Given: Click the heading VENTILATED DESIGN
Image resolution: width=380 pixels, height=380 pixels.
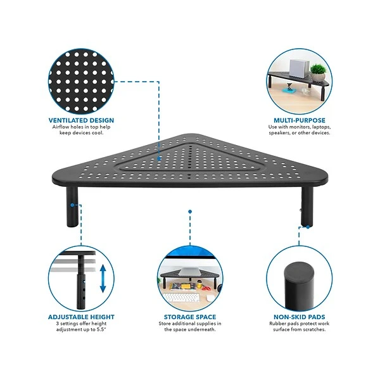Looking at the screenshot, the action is (81, 120).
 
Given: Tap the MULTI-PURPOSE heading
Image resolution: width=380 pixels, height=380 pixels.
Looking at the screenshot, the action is (300, 120).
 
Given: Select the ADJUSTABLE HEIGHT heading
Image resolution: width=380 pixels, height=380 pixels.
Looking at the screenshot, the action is (81, 317).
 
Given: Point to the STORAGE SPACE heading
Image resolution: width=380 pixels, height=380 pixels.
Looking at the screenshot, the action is (190, 317).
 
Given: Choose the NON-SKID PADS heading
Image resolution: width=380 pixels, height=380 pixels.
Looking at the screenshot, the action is (300, 317).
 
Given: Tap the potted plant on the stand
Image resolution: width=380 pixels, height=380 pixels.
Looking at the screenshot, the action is (318, 72).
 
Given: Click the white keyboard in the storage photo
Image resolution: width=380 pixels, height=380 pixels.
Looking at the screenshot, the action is (180, 298).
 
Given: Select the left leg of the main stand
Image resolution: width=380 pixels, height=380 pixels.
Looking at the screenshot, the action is (72, 206).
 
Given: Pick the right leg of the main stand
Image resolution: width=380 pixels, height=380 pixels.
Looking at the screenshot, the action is (307, 206).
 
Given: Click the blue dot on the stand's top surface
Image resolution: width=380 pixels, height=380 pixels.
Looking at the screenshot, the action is (159, 158).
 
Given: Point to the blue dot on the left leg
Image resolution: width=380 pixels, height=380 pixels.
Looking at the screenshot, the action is (72, 205).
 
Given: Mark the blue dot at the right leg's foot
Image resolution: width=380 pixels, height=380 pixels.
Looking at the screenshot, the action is (308, 227).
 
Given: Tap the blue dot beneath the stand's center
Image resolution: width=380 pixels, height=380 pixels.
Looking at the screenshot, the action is (190, 212).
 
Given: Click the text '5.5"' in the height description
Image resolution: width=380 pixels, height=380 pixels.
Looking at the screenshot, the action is (101, 329).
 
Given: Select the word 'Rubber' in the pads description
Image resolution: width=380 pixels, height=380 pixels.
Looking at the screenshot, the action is (277, 324).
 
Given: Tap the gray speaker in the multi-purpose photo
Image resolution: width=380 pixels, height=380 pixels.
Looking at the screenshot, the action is (299, 68).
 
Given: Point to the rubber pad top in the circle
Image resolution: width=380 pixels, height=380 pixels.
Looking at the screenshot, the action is (299, 272).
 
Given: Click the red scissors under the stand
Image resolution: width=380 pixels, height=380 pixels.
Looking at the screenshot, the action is (206, 288).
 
